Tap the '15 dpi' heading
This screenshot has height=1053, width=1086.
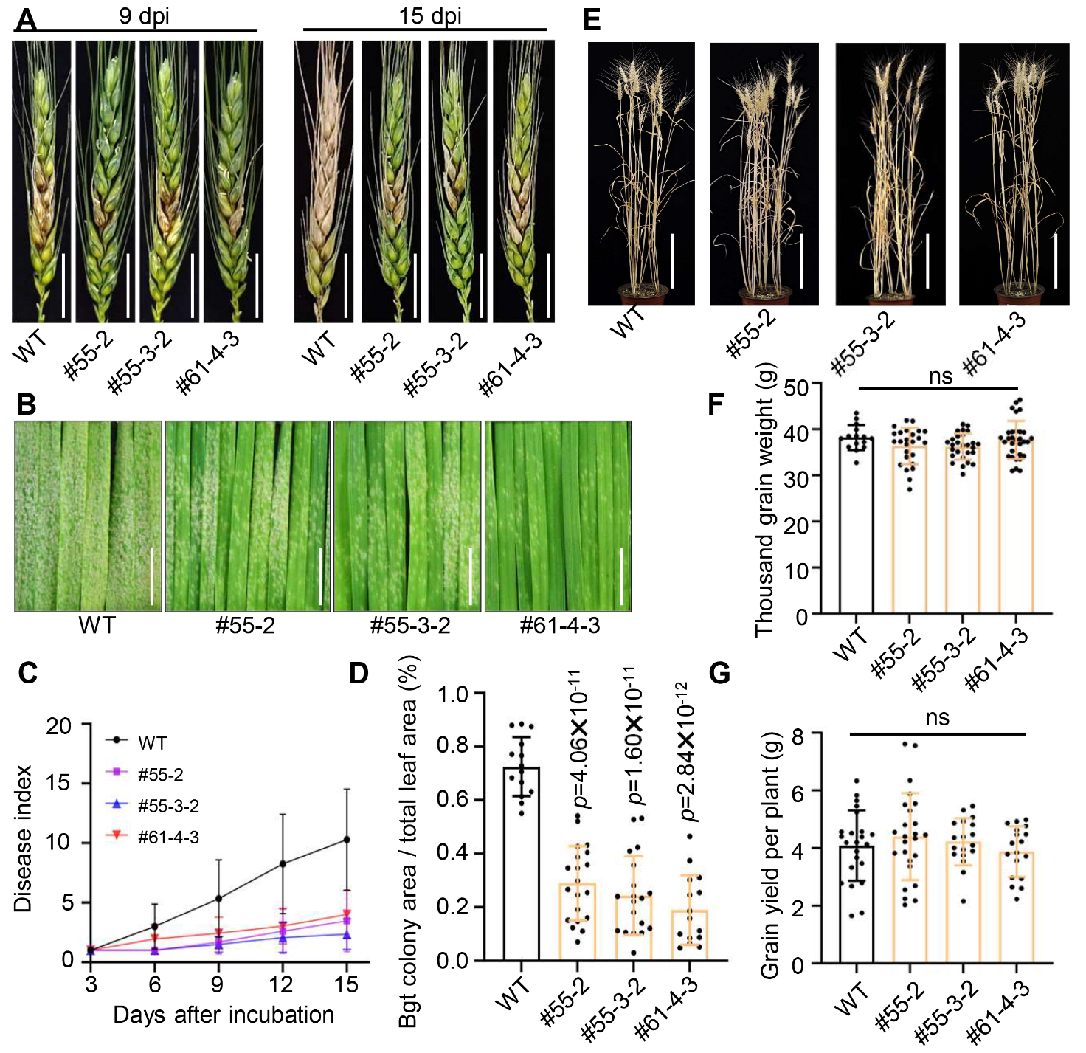(430, 15)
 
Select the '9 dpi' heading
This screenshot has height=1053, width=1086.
(144, 15)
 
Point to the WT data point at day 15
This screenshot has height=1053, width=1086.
(346, 840)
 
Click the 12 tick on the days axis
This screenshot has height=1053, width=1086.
(281, 984)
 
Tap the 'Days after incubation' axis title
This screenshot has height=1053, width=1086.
(224, 1015)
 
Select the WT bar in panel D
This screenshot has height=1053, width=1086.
(522, 863)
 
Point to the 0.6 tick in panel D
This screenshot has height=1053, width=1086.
(453, 800)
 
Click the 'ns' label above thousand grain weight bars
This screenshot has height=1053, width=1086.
(940, 376)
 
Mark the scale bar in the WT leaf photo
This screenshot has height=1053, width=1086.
(152, 576)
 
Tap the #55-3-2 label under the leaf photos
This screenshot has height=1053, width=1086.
(409, 626)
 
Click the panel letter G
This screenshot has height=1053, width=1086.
(719, 673)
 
